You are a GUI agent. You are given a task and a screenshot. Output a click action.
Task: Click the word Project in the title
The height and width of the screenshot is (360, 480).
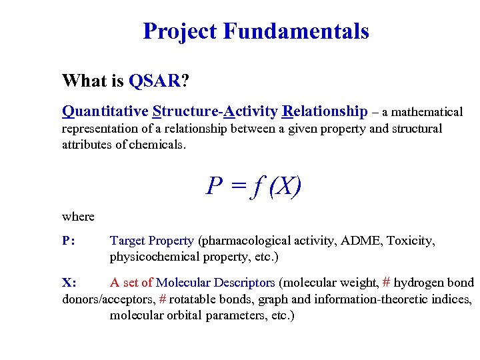[180, 31]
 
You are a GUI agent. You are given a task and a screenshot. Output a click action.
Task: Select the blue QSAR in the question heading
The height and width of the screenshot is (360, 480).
[155, 81]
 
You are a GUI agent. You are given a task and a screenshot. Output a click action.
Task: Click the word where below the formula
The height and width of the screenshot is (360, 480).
[78, 217]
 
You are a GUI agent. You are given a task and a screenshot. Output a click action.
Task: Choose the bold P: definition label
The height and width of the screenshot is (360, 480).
[69, 241]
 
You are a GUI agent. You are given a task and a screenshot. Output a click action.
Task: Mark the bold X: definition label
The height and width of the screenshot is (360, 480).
[69, 283]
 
